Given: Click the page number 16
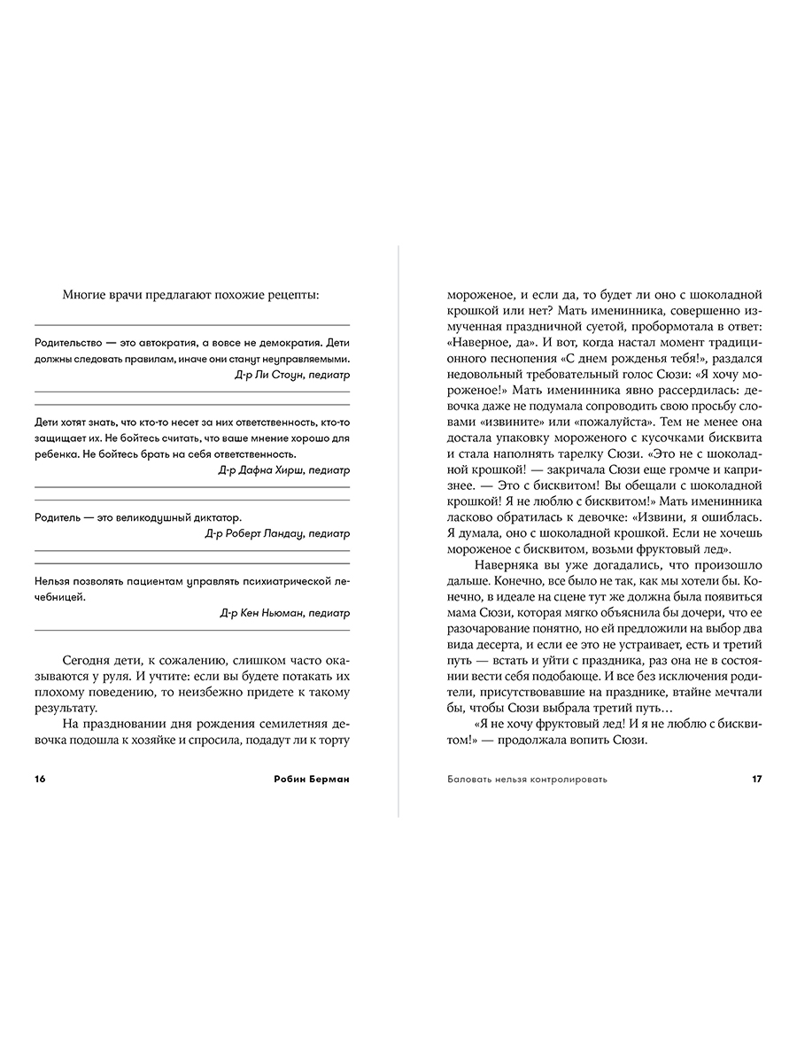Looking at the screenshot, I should (x=39, y=779).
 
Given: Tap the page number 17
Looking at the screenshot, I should (x=756, y=779).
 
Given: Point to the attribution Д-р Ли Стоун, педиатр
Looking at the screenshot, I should (x=292, y=375).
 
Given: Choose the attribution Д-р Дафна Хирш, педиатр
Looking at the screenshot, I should (x=284, y=469).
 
